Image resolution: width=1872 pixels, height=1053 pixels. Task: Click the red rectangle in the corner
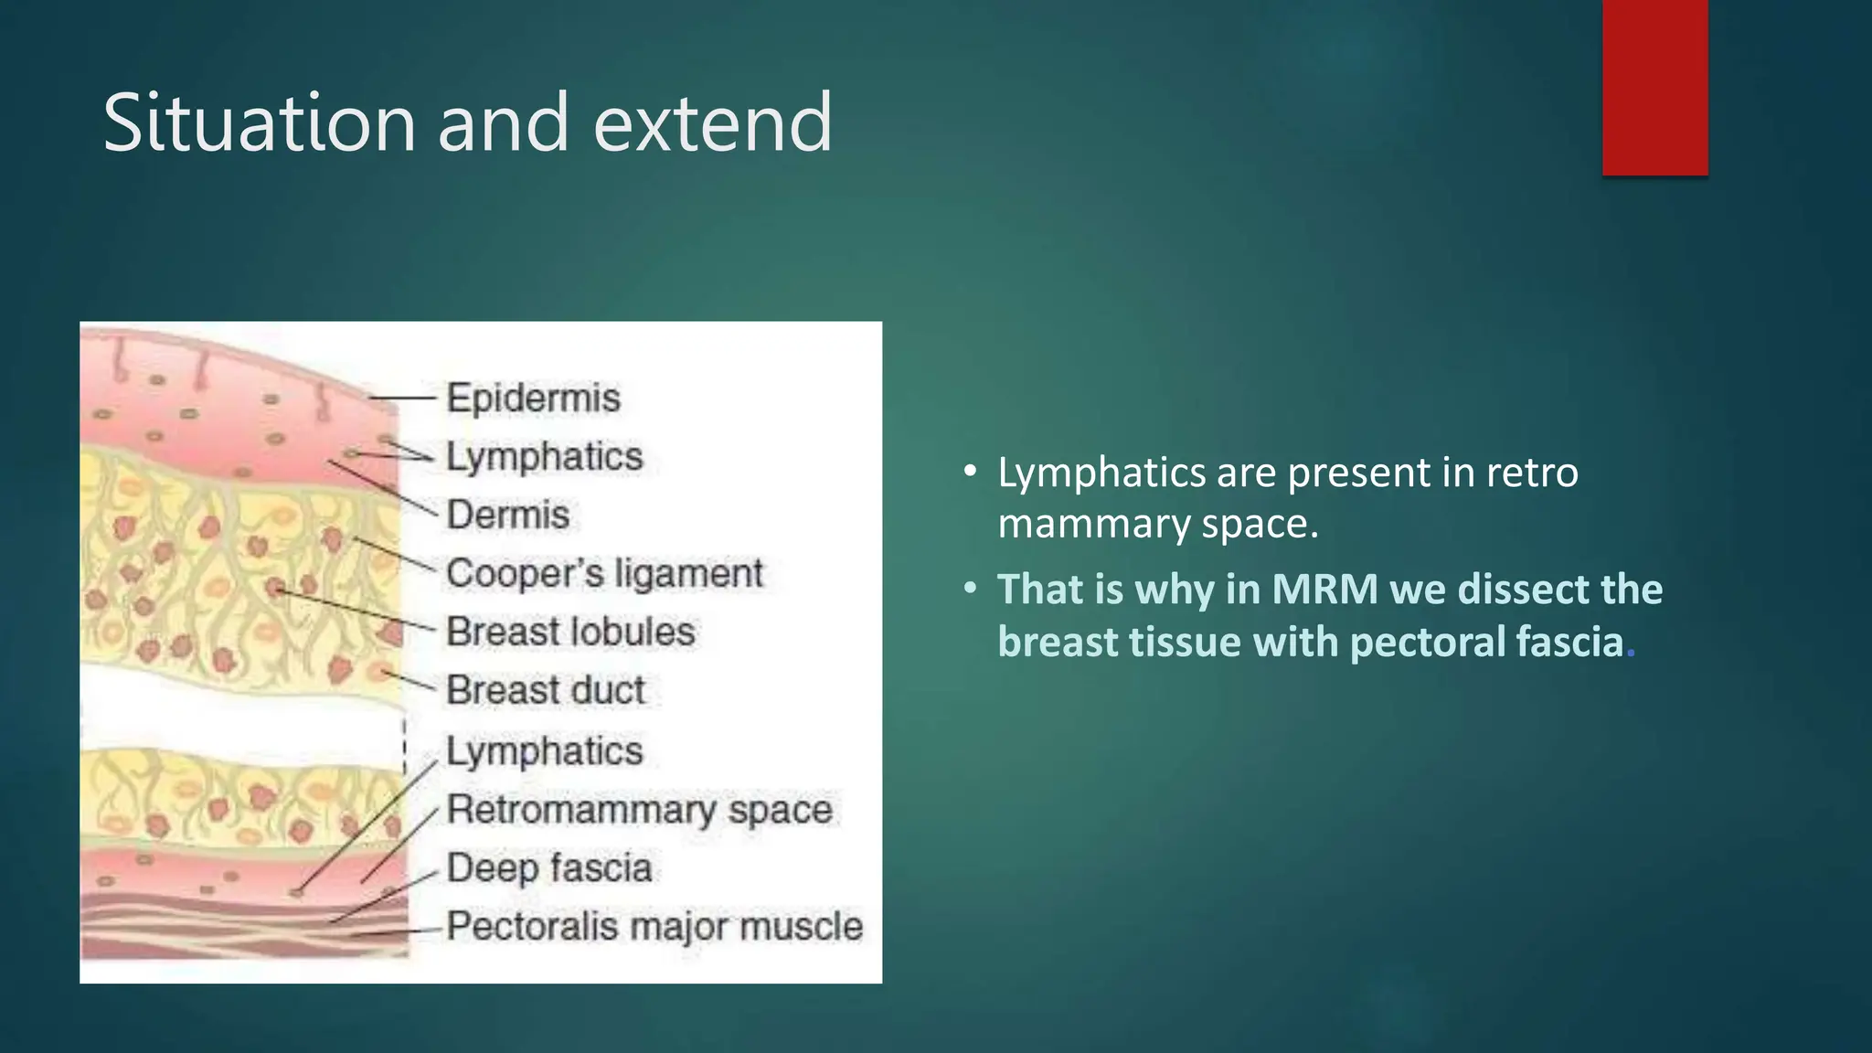(1654, 88)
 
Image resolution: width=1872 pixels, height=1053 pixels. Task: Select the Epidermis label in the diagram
(533, 399)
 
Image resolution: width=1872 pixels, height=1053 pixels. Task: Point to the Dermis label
(508, 515)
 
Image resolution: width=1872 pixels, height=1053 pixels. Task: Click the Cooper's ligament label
(604, 574)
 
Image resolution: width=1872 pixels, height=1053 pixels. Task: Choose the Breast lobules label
(570, 632)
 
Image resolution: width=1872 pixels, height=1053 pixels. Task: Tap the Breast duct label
(546, 690)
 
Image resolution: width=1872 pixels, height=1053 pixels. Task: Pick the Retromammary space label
(640, 810)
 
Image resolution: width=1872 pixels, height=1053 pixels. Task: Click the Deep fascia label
(549, 867)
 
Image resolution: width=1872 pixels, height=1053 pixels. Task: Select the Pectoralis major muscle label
(654, 926)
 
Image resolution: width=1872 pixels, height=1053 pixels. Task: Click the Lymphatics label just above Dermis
(545, 456)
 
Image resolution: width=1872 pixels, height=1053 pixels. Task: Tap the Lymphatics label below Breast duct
(545, 751)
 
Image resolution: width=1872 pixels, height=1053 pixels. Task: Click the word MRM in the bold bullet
(1324, 590)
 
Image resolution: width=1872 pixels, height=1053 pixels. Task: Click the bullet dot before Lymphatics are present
(971, 473)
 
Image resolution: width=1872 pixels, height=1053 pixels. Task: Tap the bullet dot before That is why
(971, 590)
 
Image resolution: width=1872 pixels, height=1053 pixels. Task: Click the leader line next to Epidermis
(402, 399)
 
